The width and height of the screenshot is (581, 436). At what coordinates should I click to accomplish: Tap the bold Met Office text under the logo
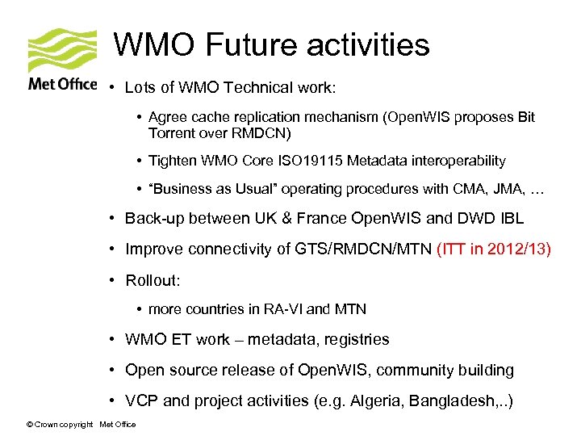(62, 84)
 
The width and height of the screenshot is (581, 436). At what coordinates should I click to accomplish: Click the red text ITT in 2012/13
(493, 249)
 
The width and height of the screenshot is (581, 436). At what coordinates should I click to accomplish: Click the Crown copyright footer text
(60, 425)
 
